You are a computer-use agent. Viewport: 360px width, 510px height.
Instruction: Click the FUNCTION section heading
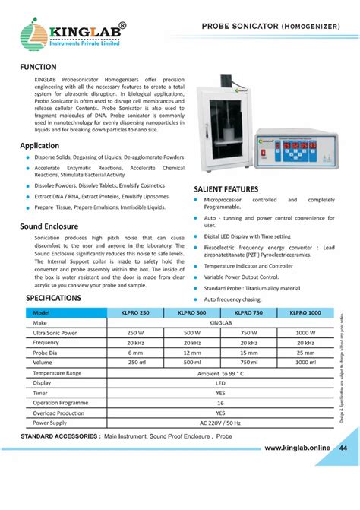click(43, 68)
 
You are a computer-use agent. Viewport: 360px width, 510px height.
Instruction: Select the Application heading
click(39, 145)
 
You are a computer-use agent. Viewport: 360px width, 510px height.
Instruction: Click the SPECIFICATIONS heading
click(53, 299)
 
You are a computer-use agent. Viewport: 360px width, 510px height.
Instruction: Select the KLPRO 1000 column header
click(305, 313)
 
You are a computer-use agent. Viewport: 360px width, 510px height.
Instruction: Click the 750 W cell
click(248, 333)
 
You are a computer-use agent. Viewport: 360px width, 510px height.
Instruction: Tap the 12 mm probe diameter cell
click(192, 353)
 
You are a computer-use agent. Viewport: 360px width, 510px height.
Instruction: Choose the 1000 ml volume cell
click(305, 363)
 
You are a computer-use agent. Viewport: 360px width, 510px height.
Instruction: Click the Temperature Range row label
click(57, 373)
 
